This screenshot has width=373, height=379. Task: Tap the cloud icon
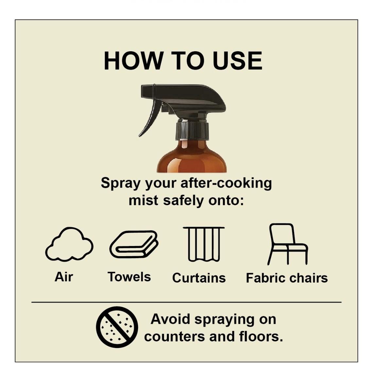(x=69, y=245)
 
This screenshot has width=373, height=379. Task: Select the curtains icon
(x=204, y=244)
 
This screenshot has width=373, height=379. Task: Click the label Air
(x=64, y=277)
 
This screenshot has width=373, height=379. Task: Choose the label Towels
(x=129, y=277)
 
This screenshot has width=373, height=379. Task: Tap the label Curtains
(x=199, y=278)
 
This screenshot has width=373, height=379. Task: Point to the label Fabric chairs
(x=287, y=278)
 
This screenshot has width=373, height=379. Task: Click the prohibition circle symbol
(x=117, y=327)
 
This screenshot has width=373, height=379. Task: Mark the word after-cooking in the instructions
(x=226, y=183)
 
